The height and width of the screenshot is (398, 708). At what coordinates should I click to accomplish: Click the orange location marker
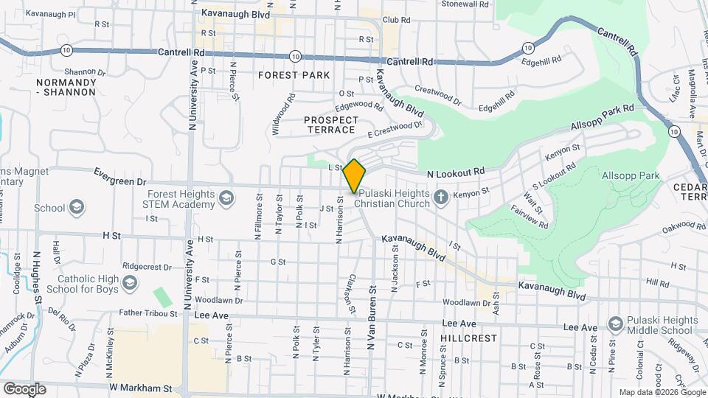coord(355,175)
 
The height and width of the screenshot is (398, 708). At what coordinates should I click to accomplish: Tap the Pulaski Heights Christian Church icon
coord(441,197)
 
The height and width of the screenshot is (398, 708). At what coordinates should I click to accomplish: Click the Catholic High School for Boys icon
coord(130,284)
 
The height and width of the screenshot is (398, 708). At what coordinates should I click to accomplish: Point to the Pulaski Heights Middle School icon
coord(615,324)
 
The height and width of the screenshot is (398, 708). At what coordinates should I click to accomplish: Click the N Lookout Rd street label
coord(456,171)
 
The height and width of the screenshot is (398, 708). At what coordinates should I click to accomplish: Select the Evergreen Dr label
coord(120,176)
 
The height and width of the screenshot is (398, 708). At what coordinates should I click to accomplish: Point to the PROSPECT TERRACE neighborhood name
coord(331,125)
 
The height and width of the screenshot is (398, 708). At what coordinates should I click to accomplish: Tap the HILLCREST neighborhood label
coord(468,338)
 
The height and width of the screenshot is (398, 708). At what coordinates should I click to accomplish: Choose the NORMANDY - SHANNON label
coord(66,87)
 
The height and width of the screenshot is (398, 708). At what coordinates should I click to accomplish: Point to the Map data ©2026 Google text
coord(662,392)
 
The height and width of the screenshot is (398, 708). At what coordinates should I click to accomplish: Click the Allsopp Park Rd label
coord(602,118)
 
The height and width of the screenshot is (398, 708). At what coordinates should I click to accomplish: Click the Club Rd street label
coord(396,20)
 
